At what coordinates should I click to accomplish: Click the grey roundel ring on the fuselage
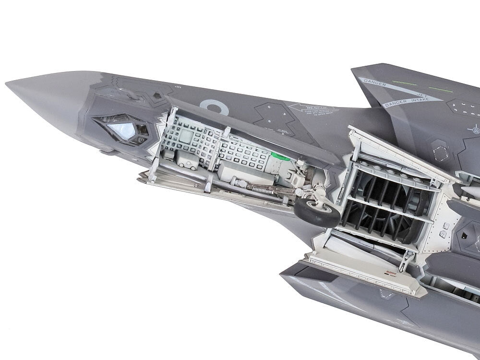(214, 106)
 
